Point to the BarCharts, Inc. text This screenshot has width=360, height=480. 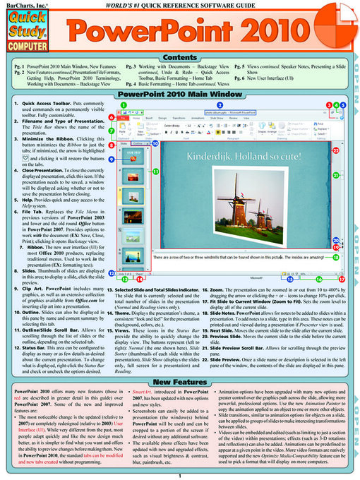pyautogui.click(x=19, y=4)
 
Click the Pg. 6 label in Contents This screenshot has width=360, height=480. pyautogui.click(x=241, y=79)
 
